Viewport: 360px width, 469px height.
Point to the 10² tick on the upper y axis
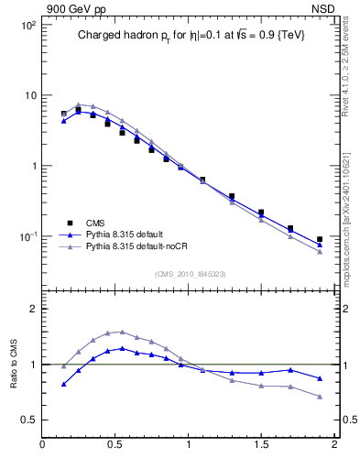[28, 25]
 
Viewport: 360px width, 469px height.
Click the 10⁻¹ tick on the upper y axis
[28, 236]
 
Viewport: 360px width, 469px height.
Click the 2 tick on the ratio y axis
[32, 310]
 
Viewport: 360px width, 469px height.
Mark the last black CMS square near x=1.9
[320, 239]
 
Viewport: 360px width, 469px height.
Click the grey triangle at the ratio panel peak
[122, 332]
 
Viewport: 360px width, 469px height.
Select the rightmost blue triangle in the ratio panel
[320, 378]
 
